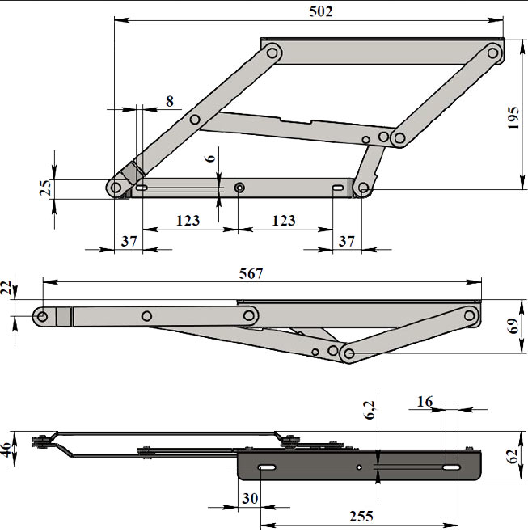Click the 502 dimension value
click(321, 11)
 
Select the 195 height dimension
click(513, 117)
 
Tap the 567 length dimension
click(251, 273)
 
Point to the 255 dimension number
click(361, 517)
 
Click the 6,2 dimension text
click(370, 410)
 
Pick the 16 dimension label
click(425, 402)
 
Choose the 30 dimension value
click(250, 498)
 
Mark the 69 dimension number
click(513, 326)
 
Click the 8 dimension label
click(170, 101)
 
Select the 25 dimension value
click(45, 188)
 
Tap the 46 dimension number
click(6, 450)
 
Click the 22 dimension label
click(6, 288)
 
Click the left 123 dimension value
click(188, 221)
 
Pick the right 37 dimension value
click(346, 241)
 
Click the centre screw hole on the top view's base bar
click(239, 188)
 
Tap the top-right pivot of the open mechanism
click(492, 53)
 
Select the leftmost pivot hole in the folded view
click(42, 317)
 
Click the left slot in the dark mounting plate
click(267, 467)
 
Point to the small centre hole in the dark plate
click(359, 467)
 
